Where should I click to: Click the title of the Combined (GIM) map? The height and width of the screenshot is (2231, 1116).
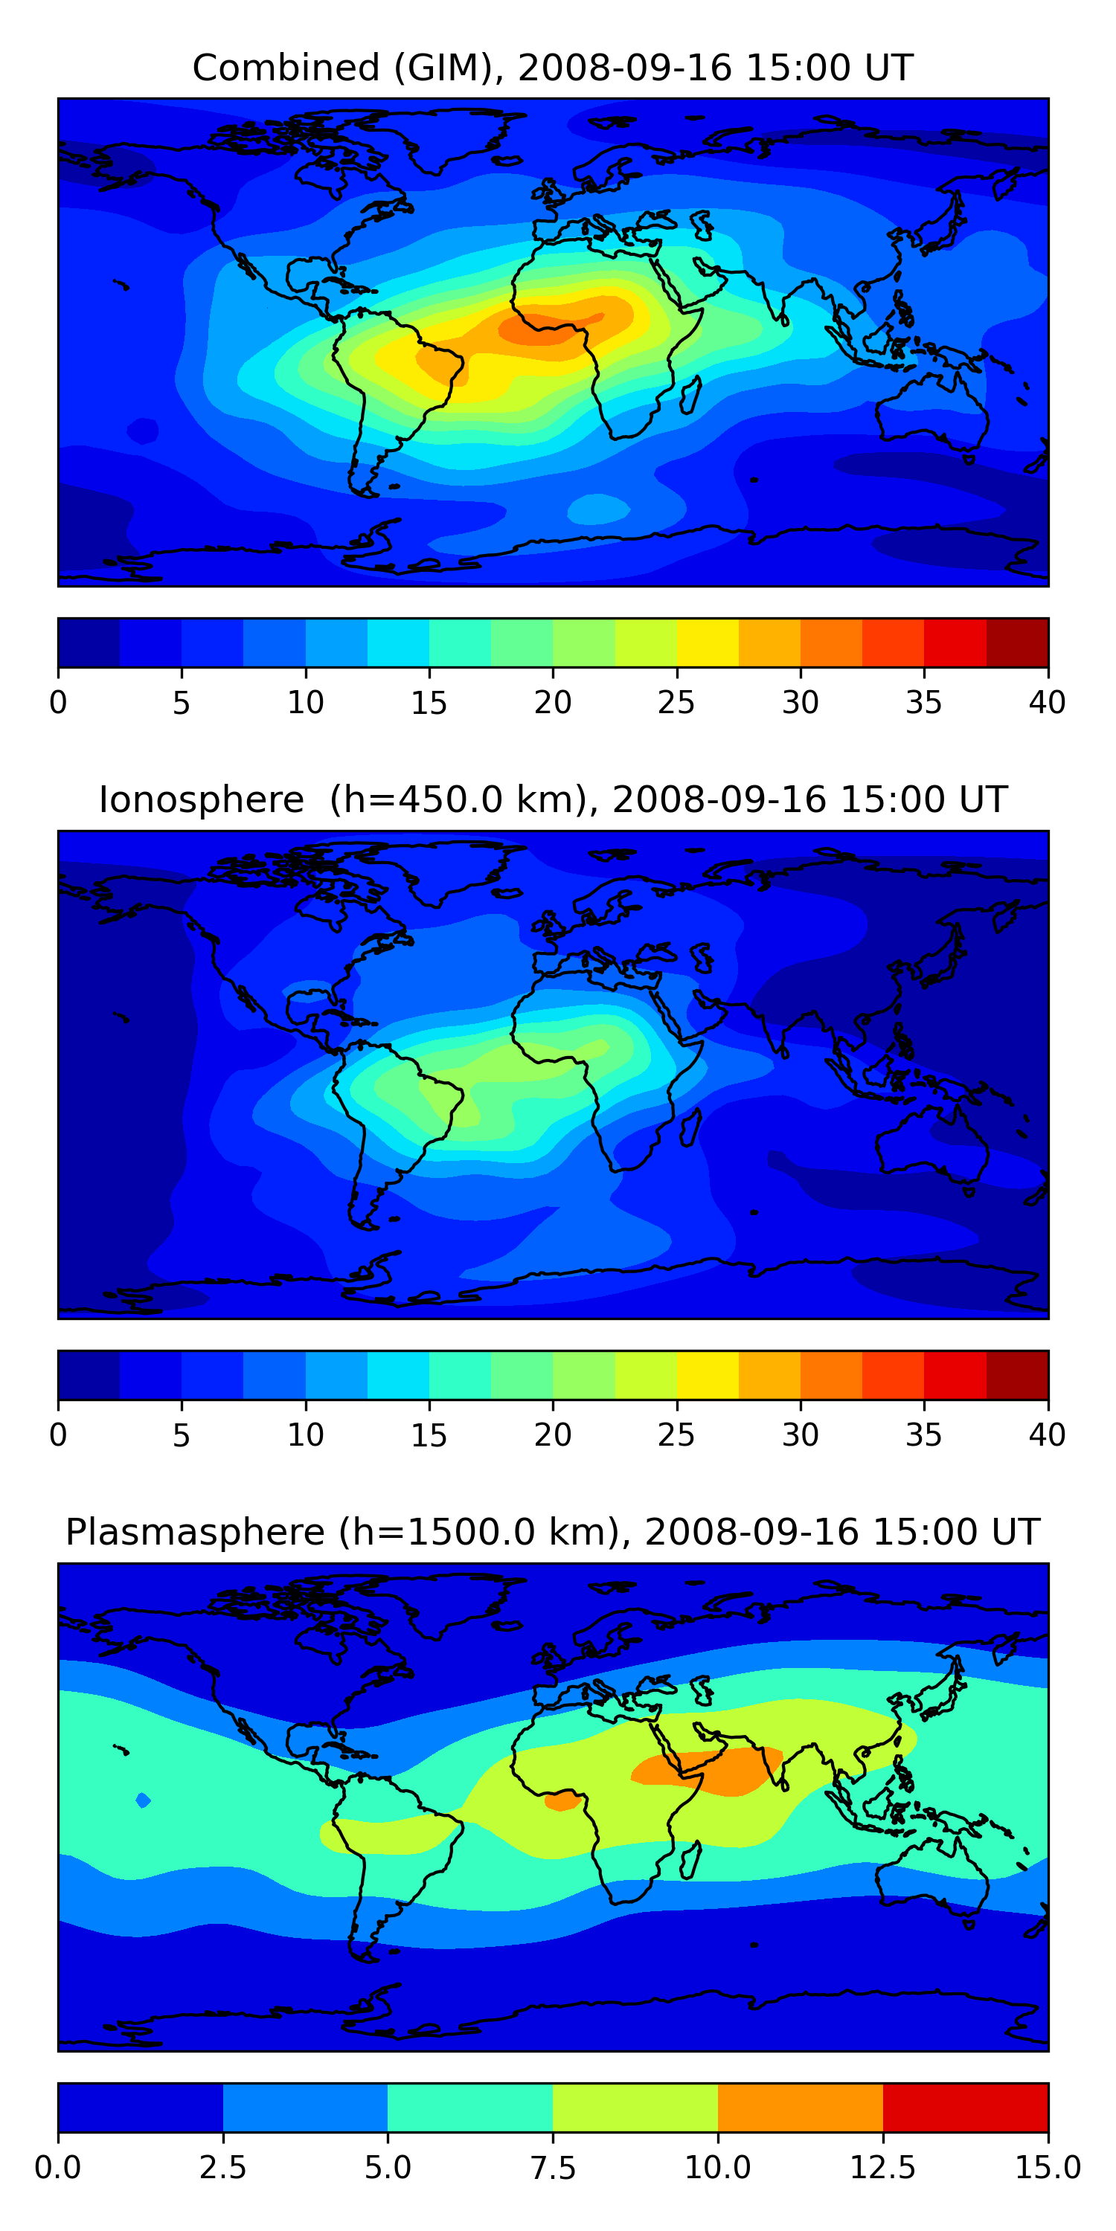(553, 68)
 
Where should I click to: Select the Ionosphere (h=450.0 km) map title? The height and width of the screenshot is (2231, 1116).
(553, 799)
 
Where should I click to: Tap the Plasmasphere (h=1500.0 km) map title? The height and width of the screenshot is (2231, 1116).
(553, 1531)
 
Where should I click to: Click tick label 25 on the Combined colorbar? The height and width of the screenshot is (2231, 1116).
(676, 702)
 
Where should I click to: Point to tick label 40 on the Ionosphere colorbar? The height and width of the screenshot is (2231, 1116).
(1047, 1435)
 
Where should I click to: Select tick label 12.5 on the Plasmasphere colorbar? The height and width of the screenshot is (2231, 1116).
(882, 2168)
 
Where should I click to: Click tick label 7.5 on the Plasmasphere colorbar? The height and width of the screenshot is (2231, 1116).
(553, 2168)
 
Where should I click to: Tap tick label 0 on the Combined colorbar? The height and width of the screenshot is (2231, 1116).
(58, 702)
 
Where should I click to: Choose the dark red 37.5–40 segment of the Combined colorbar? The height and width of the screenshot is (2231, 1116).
(1017, 643)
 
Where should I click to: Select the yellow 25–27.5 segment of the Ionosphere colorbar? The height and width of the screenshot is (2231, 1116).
(707, 1375)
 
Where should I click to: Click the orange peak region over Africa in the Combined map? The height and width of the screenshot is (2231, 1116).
(546, 326)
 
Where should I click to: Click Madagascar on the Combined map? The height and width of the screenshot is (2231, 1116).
(690, 395)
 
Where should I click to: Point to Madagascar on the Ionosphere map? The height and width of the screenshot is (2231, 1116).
(690, 1127)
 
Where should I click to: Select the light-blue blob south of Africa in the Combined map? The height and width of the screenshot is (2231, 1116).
(598, 509)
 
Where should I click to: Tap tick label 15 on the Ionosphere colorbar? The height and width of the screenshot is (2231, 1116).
(429, 1435)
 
